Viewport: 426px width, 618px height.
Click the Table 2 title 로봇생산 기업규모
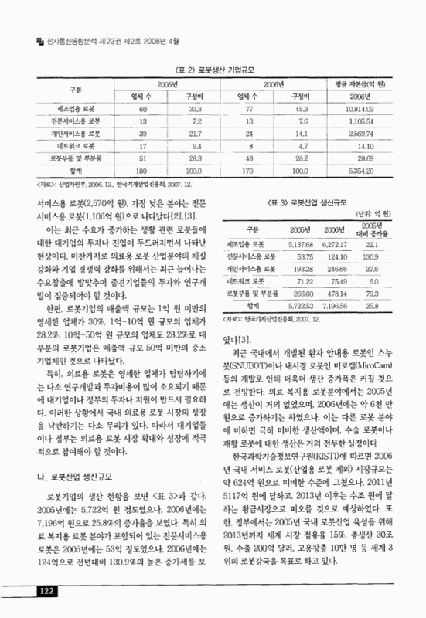tap(213, 69)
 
